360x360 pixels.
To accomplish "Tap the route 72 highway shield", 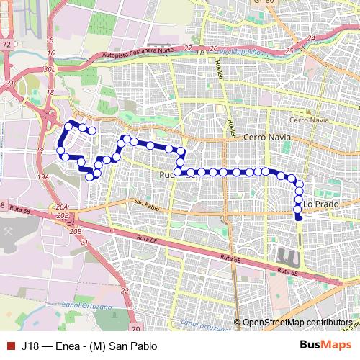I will [6, 45].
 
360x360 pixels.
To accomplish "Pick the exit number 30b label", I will [49, 69].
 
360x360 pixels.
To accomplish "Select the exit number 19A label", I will [43, 176].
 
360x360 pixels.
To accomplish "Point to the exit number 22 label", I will [124, 291].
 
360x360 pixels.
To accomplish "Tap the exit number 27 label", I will [188, 48].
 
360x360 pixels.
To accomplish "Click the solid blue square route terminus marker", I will [298, 211].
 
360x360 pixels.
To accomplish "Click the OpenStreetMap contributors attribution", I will [297, 323].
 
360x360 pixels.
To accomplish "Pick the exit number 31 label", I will [10, 84].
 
